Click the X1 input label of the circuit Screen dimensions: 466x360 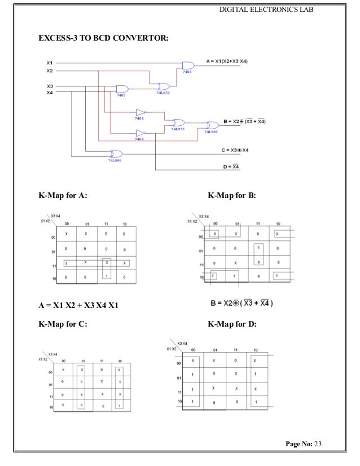[50, 62]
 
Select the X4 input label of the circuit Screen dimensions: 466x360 [50, 92]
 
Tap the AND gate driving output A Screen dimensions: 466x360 [188, 65]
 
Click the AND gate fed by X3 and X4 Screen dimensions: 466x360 [121, 89]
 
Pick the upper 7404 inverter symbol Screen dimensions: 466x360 [141, 112]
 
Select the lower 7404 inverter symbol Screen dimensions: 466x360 [141, 133]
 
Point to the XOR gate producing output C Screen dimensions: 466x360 [116, 153]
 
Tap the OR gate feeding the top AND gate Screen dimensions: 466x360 [164, 86]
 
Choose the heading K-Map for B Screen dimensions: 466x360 [232, 196]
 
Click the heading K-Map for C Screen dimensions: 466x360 [63, 324]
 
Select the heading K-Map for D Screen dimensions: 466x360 [232, 324]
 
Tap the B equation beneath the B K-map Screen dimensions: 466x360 [242, 303]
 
